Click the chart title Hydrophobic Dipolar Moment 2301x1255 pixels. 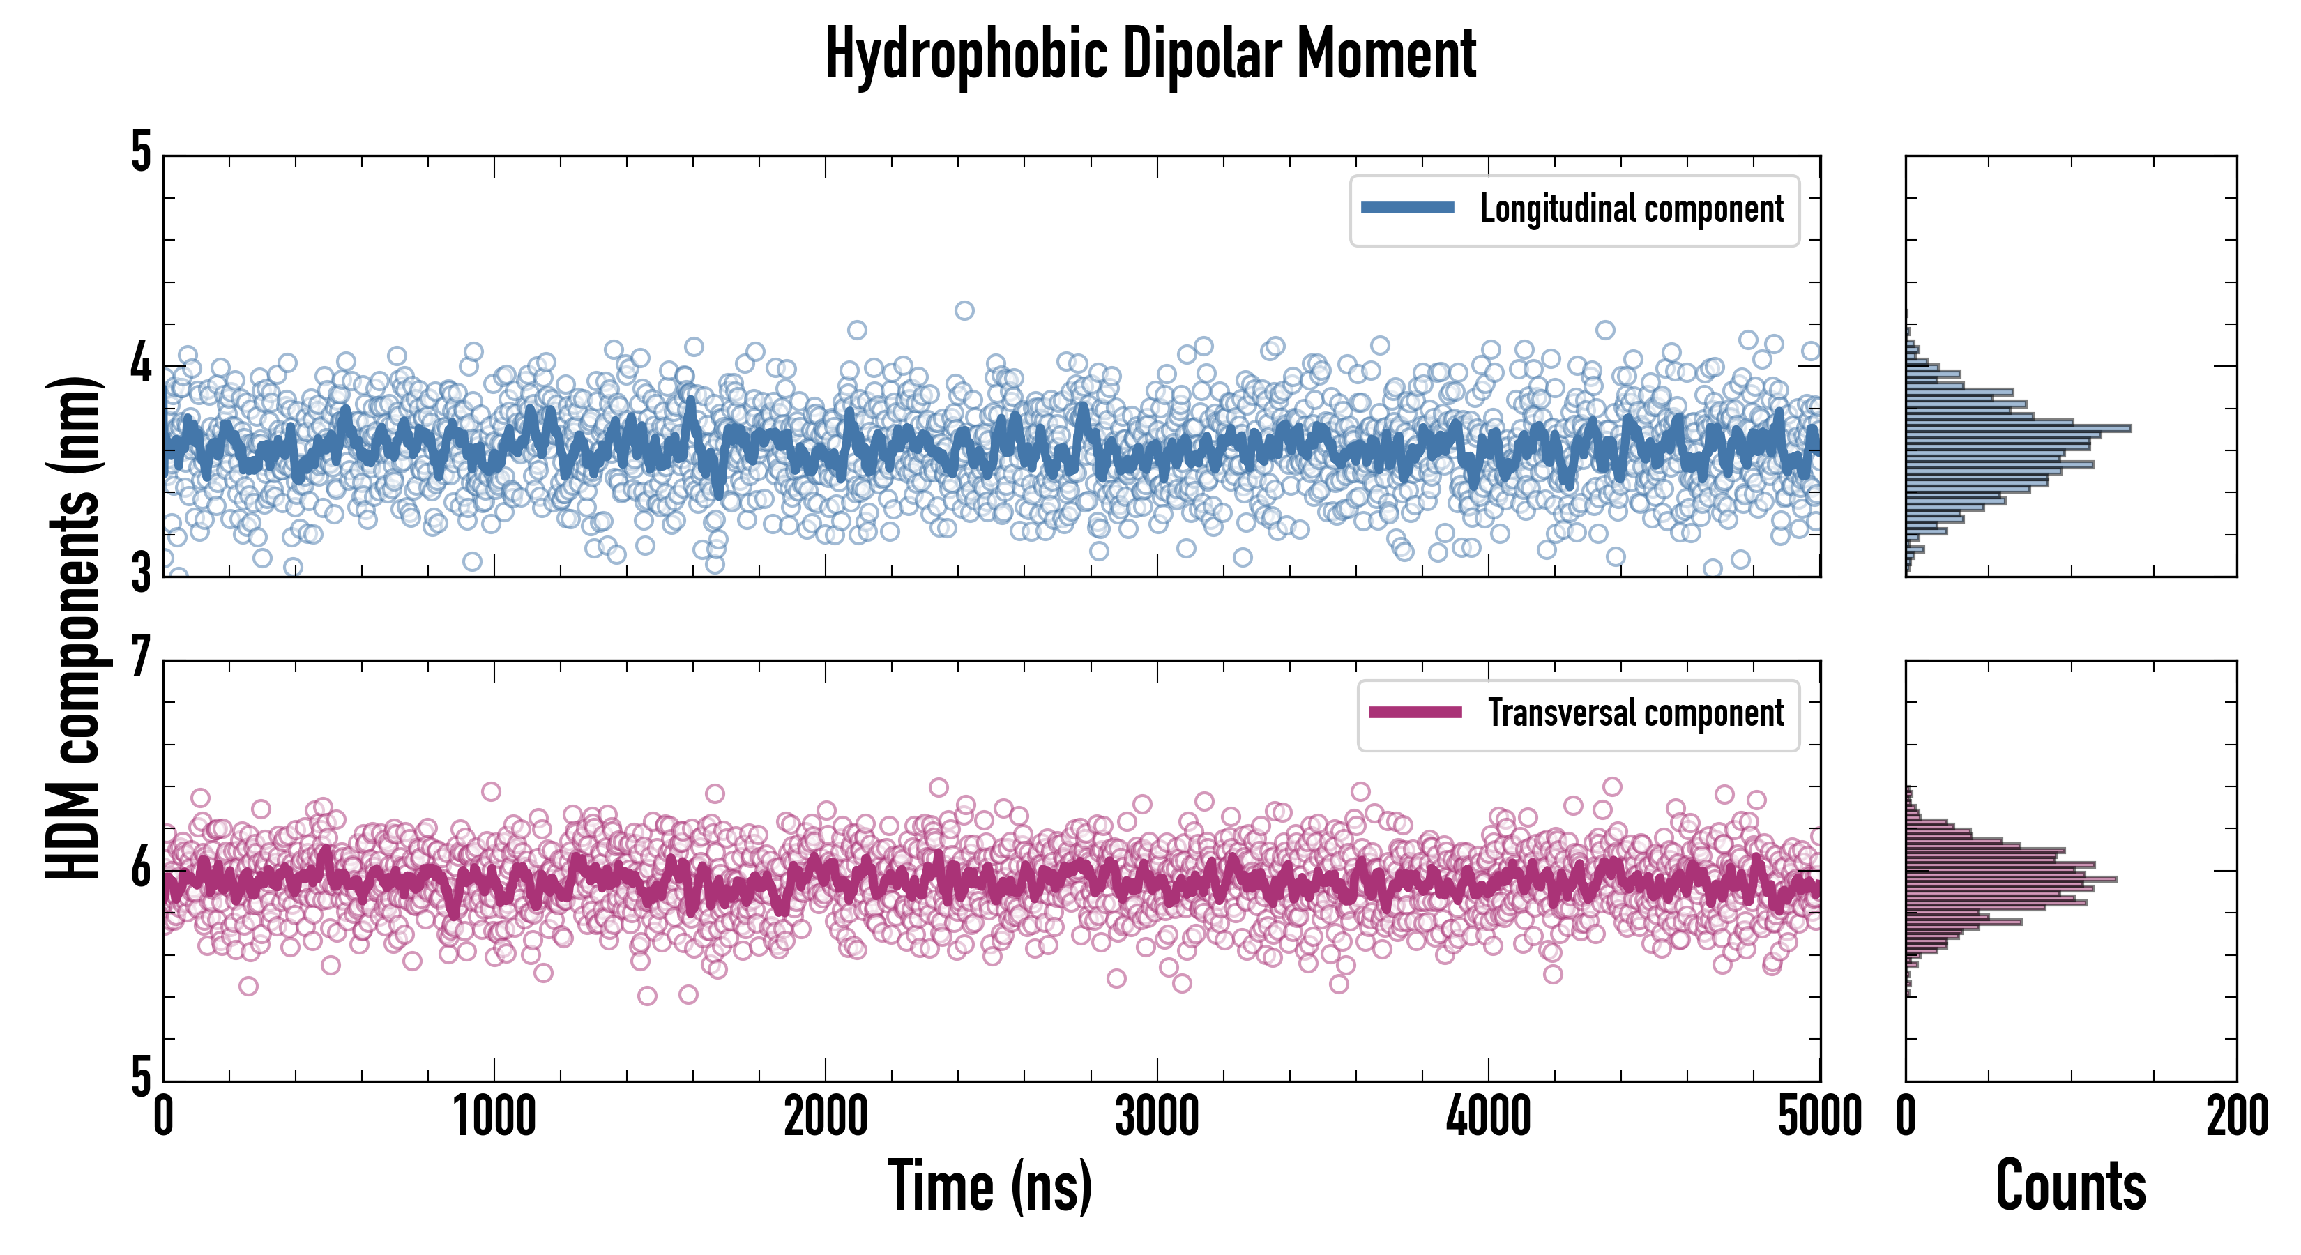click(1150, 54)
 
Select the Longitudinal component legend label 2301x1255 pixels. click(1631, 209)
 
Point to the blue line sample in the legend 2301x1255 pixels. click(1407, 208)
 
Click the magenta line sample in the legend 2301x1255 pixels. click(1415, 713)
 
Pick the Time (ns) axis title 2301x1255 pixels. click(989, 1186)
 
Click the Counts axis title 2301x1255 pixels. click(2070, 1186)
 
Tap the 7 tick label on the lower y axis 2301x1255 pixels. click(141, 658)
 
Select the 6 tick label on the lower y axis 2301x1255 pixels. click(141, 868)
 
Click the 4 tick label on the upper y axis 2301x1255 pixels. click(141, 363)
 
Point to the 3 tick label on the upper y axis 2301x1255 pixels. click(141, 573)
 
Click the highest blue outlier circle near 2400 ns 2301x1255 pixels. click(964, 311)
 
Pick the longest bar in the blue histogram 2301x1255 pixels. click(2019, 429)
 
